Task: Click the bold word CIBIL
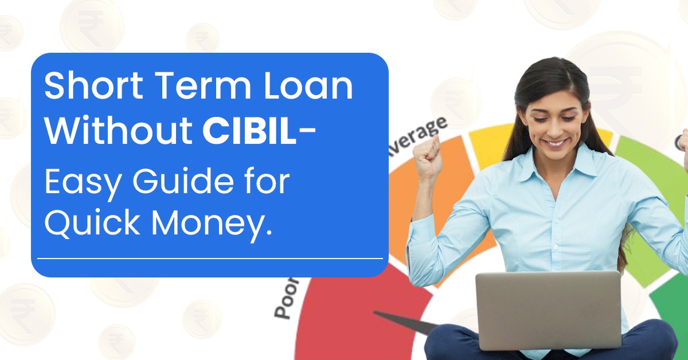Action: [251, 132]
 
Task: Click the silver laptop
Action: [548, 310]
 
